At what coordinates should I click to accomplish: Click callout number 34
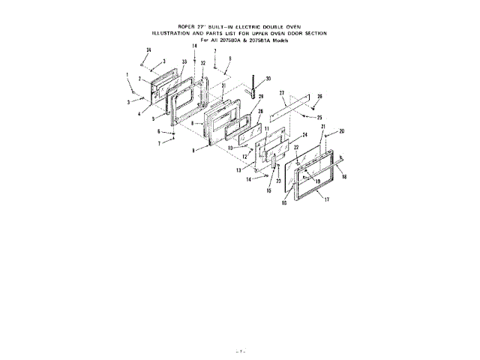click(x=148, y=49)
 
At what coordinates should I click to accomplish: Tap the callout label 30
click(x=268, y=78)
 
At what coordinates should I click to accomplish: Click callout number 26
click(x=319, y=97)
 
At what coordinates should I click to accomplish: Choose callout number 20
click(x=341, y=131)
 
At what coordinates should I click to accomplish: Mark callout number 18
click(x=344, y=176)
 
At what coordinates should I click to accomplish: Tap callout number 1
click(x=128, y=74)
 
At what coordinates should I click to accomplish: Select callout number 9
click(x=193, y=150)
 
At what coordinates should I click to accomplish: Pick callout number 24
click(x=305, y=135)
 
